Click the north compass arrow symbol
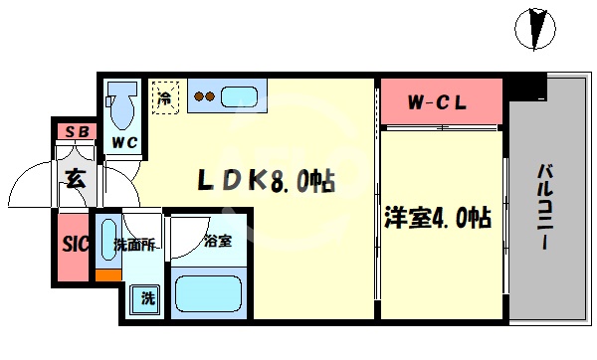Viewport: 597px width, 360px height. [537, 26]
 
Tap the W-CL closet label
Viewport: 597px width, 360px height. [438, 101]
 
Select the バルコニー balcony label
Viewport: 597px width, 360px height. [546, 210]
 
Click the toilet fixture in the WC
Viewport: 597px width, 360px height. [123, 102]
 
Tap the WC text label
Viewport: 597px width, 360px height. [124, 142]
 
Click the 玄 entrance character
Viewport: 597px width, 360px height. [75, 179]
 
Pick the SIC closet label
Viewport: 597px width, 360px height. [74, 243]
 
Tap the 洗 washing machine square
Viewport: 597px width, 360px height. [146, 296]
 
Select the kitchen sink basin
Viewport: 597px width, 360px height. [240, 97]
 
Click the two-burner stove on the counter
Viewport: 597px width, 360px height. [204, 97]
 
